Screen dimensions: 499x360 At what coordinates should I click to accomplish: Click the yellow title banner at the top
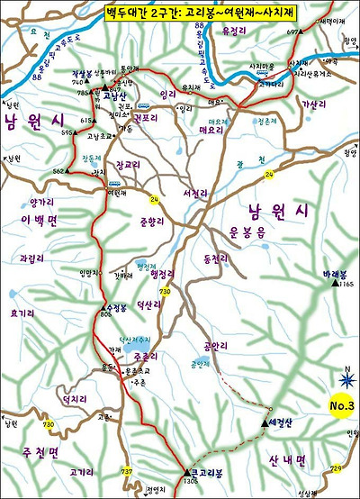180,14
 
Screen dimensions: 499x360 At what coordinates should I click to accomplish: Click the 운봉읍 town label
246,231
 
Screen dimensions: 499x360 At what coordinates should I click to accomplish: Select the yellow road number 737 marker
127,472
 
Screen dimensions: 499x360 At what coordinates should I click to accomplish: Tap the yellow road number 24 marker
154,199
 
